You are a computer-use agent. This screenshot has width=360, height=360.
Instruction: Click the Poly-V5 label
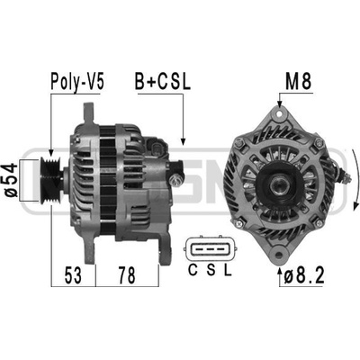(77, 81)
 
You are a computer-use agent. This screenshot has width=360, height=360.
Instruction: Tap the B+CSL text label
(163, 81)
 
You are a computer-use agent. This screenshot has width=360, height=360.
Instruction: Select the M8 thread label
(298, 81)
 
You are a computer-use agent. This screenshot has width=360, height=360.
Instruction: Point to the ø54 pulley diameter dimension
(11, 180)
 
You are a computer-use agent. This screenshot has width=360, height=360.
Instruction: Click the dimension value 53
(73, 275)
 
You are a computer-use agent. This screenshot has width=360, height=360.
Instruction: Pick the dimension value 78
(127, 275)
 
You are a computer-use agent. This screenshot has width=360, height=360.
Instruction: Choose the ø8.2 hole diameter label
(304, 275)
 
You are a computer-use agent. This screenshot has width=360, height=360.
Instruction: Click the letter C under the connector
(193, 271)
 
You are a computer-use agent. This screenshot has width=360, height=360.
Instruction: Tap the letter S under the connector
(211, 271)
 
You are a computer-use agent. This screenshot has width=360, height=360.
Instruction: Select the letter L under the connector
(229, 271)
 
